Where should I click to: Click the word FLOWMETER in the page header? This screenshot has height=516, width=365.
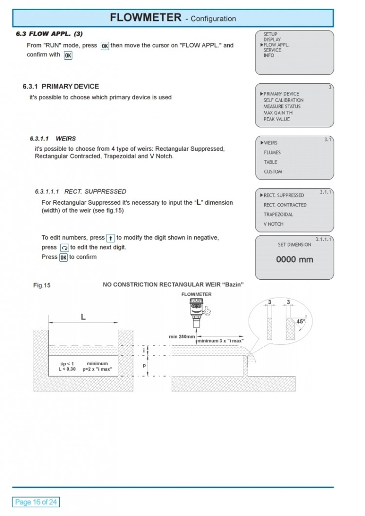coord(146,18)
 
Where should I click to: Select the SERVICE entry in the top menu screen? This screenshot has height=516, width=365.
coord(272,50)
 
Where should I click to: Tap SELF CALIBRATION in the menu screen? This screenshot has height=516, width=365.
coord(283,100)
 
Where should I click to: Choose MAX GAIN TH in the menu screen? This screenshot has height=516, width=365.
coord(278,113)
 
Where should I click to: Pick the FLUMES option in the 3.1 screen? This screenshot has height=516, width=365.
coord(272,152)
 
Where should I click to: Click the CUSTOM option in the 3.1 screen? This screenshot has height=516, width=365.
coord(273,172)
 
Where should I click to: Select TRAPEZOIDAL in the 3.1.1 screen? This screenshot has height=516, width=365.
coord(278,214)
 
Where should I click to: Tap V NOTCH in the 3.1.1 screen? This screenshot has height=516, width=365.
coord(274,224)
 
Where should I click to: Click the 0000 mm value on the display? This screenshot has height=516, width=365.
coord(294,260)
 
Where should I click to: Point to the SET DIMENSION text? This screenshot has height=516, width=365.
coord(294,245)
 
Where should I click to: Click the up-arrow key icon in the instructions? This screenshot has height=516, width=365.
coord(110,238)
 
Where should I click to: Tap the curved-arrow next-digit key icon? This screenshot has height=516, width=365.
coord(64,248)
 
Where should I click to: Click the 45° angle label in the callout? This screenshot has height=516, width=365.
coord(301,321)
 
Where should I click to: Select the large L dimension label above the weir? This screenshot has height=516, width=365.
coord(83,317)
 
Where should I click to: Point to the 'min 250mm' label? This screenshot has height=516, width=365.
coord(182,337)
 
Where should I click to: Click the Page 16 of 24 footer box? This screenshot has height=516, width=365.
coord(36,502)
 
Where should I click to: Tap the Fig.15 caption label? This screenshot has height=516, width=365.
coord(42,285)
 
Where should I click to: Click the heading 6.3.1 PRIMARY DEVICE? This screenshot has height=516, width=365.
coord(60,87)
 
